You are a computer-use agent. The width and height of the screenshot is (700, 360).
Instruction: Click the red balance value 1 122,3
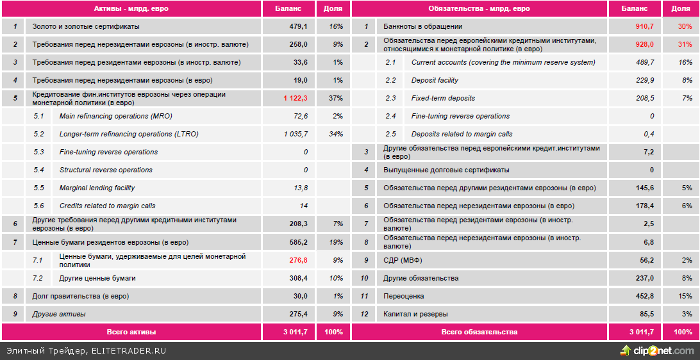(x=296, y=98)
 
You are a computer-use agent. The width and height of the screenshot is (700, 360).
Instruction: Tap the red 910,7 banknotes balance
(x=644, y=26)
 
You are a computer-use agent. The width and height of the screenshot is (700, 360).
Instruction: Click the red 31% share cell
(x=685, y=44)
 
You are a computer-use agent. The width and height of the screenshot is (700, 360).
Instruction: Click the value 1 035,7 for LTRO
(x=296, y=134)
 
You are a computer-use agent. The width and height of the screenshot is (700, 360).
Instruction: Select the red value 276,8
(x=299, y=260)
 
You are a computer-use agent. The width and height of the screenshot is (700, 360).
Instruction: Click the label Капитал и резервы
(x=415, y=314)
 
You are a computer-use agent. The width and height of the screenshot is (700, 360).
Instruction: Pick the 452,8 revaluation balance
(x=643, y=296)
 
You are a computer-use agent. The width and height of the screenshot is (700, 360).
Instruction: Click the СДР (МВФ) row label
(x=403, y=260)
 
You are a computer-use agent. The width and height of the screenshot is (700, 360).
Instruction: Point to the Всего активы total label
(x=131, y=332)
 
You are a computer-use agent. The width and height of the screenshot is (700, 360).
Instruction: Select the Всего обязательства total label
(x=479, y=332)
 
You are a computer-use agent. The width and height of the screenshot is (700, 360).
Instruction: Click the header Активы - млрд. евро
(x=131, y=8)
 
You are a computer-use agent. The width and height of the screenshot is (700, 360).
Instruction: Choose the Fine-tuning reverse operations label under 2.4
(x=460, y=116)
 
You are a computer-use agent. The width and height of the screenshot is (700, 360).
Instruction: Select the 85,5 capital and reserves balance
(x=645, y=314)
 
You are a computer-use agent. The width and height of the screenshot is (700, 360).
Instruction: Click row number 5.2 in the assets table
(x=38, y=134)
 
